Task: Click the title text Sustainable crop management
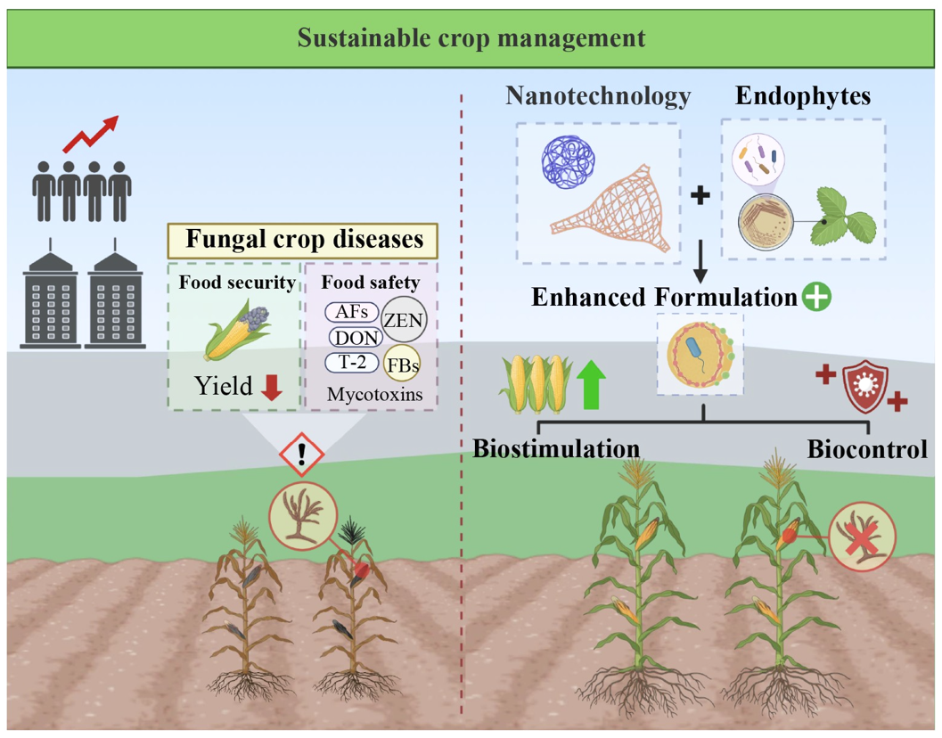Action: [x=471, y=38]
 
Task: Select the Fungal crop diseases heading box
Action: [x=302, y=241]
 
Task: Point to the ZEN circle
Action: [x=404, y=319]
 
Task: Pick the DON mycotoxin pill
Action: [x=356, y=337]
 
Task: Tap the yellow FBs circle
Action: [x=401, y=366]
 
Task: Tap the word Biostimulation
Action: [x=556, y=447]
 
